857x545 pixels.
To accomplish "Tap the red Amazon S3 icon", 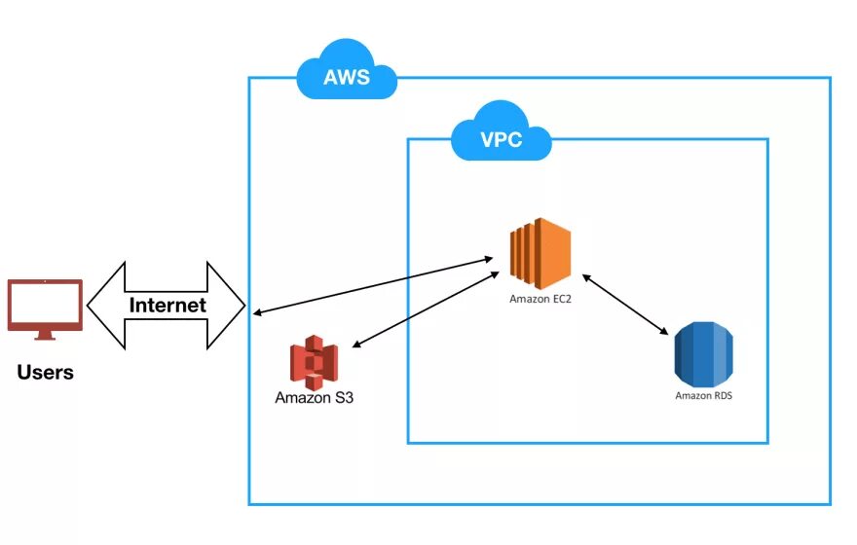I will [x=314, y=361].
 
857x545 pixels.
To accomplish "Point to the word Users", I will [x=45, y=372].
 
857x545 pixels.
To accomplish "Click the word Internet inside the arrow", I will [x=168, y=305].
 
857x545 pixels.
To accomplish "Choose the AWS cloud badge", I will [x=347, y=74].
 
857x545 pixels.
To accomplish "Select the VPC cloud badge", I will [x=501, y=139].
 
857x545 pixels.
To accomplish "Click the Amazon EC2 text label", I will [x=540, y=299].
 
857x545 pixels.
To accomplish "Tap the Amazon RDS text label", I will [x=703, y=396].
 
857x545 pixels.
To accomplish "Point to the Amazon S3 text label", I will [x=314, y=398].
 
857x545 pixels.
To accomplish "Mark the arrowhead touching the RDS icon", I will [x=665, y=332].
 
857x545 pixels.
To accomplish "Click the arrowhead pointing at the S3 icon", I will [x=354, y=345].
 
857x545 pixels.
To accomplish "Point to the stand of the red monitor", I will [x=45, y=335].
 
